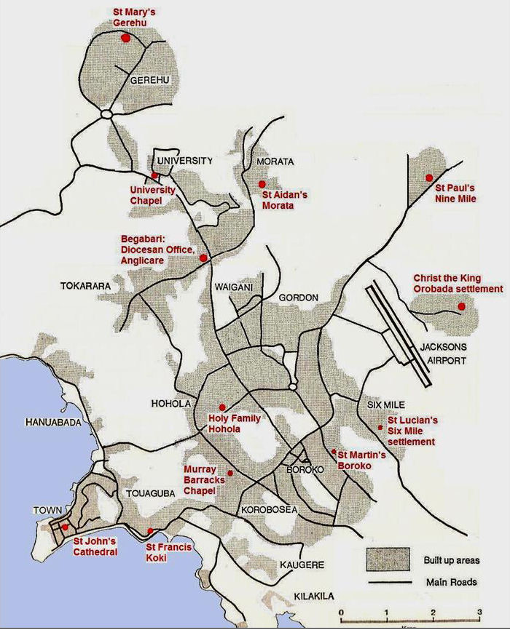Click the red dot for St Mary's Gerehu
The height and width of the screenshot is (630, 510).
[125, 39]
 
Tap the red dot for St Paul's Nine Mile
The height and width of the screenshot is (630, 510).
[429, 178]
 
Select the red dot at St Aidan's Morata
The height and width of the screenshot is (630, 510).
[262, 184]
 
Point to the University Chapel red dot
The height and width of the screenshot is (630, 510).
[154, 176]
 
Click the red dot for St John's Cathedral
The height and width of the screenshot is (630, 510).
[65, 527]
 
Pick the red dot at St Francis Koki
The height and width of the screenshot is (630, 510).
[150, 531]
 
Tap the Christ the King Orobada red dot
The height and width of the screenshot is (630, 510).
[462, 307]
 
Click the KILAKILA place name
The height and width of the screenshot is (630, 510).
[314, 597]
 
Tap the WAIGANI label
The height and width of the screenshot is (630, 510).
[233, 287]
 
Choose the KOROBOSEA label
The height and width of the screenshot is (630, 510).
[270, 509]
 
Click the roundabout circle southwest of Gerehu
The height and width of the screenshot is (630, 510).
[106, 114]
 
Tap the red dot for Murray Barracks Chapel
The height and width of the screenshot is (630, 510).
[230, 474]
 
